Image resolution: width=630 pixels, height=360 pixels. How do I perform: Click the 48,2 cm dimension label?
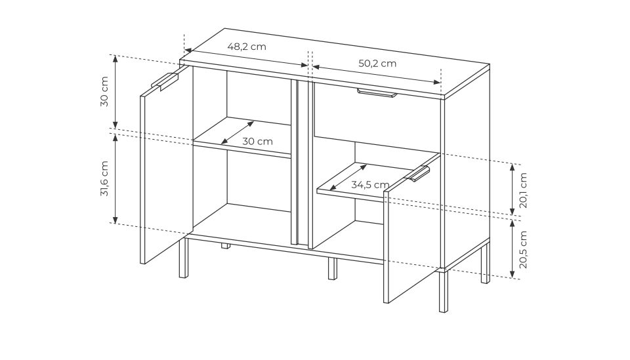pos(247,47)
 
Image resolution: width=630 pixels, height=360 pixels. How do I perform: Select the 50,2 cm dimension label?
pos(377,64)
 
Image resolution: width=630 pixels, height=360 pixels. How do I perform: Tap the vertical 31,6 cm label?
pos(104,178)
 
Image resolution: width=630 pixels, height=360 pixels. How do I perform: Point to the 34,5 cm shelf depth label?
pos(370,185)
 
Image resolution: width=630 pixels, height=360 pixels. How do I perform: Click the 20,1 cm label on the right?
pos(523,190)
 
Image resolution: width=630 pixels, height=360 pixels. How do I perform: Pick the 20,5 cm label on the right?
pos(523,249)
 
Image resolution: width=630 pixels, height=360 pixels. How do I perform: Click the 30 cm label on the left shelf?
pos(257,142)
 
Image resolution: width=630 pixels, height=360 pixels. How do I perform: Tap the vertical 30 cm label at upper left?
pos(104,91)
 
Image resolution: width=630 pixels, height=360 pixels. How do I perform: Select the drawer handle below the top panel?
pos(377,94)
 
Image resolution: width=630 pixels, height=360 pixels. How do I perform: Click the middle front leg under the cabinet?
pos(332,268)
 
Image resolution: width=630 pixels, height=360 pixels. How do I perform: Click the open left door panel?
pos(166,165)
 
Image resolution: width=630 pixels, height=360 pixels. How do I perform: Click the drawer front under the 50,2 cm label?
pos(377,116)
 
